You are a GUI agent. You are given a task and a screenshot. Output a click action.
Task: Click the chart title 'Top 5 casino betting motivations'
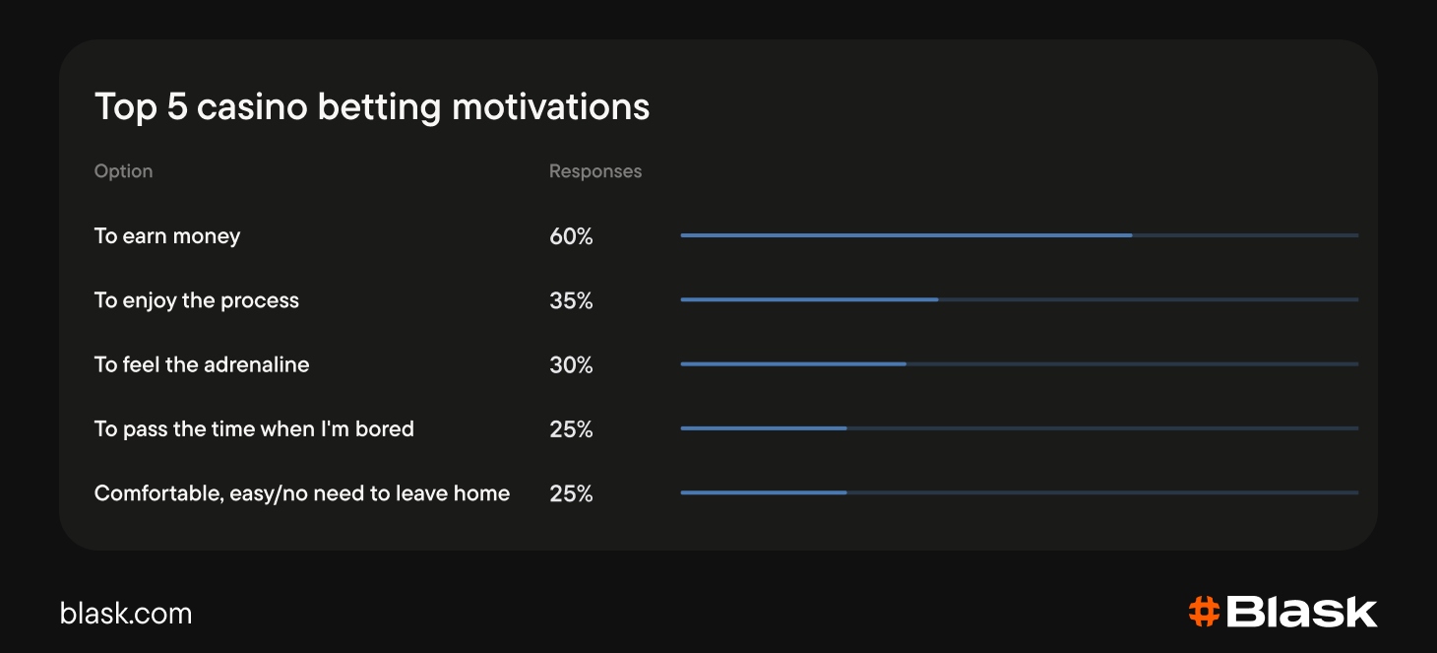click(x=372, y=106)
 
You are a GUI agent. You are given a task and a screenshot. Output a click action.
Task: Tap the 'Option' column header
click(x=123, y=170)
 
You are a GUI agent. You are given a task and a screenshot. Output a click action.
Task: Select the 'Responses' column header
click(x=595, y=170)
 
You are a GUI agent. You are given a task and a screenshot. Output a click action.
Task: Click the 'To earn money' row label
click(x=167, y=236)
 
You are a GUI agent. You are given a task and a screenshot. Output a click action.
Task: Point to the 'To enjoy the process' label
click(x=196, y=300)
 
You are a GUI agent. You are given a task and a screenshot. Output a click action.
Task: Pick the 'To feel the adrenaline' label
click(x=202, y=364)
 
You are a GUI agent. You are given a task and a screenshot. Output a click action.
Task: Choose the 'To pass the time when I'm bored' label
click(x=254, y=428)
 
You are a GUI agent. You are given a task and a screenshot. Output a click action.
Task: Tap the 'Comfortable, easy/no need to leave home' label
click(x=302, y=493)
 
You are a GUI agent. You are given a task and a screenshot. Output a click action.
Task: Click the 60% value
click(x=571, y=236)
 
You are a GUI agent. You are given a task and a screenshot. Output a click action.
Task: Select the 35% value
click(x=571, y=300)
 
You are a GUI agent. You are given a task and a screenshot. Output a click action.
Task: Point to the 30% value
click(x=571, y=364)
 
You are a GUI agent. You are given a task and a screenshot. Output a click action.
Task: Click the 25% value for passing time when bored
click(x=571, y=428)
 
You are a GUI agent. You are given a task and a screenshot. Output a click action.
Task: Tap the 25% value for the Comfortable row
click(x=571, y=493)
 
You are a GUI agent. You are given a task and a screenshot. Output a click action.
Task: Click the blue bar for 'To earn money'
click(x=906, y=235)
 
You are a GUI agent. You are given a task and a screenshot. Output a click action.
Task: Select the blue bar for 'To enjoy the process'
click(x=810, y=299)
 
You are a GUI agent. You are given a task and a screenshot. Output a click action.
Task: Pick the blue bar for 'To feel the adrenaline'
click(x=793, y=364)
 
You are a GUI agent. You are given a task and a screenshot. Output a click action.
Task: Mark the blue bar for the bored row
click(x=764, y=428)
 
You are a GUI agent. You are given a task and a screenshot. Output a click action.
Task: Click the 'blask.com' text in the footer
click(x=126, y=614)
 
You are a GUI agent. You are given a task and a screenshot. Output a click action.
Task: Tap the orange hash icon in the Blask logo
click(x=1204, y=612)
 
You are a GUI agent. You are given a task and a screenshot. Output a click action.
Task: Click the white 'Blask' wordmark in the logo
click(x=1301, y=612)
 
